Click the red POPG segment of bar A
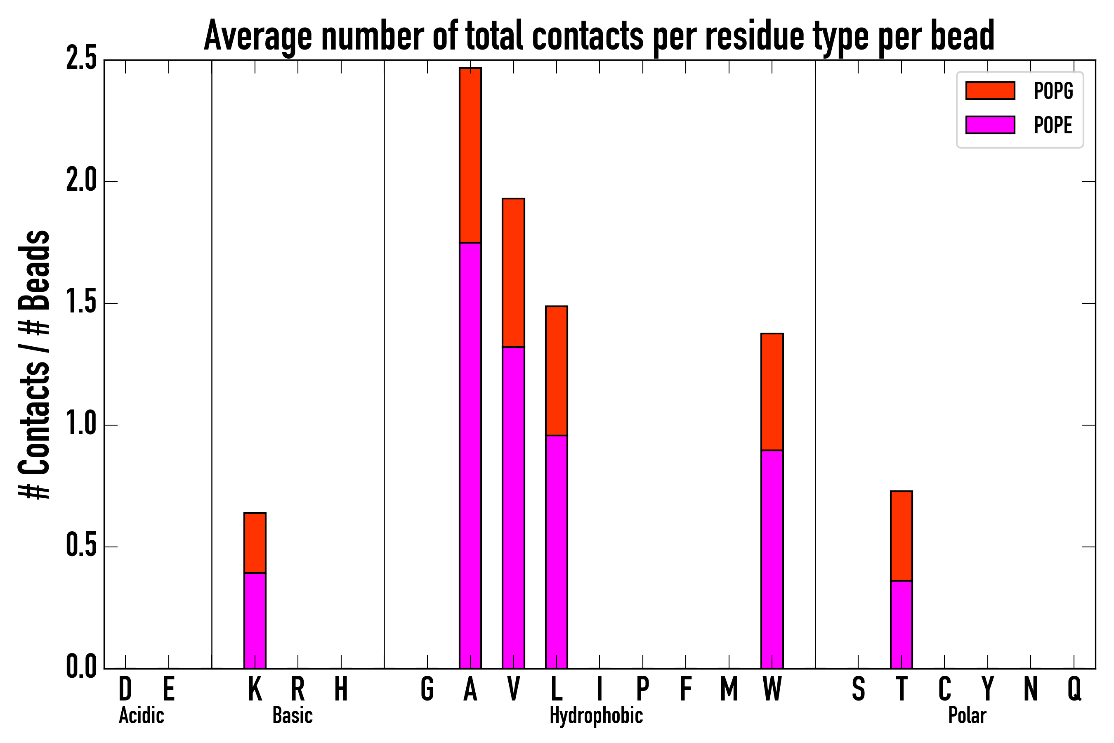[x=470, y=156]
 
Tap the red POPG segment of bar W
[x=772, y=392]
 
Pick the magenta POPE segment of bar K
[x=255, y=621]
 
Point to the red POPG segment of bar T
[x=902, y=536]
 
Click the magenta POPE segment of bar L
[x=557, y=552]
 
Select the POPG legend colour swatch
[x=990, y=90]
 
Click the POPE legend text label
[x=1053, y=125]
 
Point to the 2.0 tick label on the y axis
[x=81, y=182]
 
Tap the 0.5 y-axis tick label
[x=81, y=547]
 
